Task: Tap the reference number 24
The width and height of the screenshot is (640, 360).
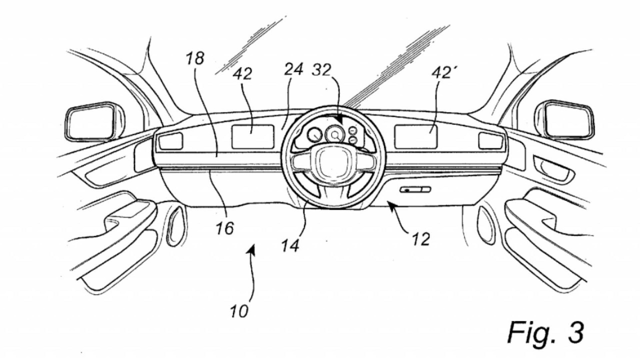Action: (293, 70)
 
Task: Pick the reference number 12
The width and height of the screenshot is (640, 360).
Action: (421, 239)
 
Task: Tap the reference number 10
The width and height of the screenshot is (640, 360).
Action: (239, 311)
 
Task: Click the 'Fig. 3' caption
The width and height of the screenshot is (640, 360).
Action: (545, 331)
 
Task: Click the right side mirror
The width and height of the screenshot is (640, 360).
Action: (568, 120)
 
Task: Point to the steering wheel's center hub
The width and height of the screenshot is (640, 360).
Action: (332, 162)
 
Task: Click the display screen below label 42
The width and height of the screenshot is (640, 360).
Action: (252, 136)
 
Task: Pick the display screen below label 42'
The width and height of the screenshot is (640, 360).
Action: (416, 136)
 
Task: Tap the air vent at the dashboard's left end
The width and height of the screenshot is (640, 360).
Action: (170, 141)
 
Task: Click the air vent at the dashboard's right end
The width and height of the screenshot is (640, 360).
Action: (490, 141)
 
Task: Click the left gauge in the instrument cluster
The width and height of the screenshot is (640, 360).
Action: (314, 135)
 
